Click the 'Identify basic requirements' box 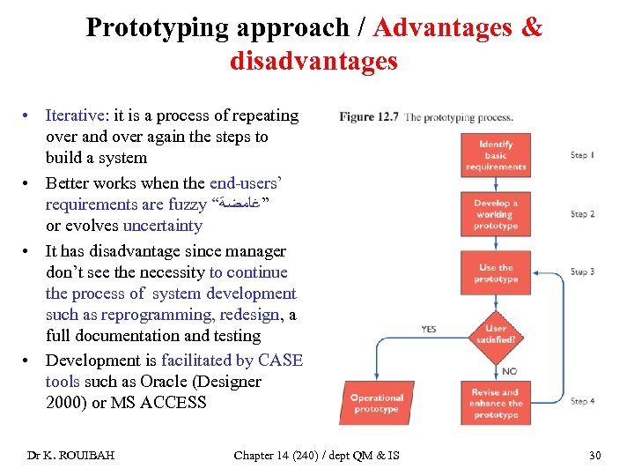496,156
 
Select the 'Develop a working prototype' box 496,214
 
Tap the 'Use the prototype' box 496,273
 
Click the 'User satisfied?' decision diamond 496,334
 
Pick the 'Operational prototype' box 377,403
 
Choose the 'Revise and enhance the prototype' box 496,403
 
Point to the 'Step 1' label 583,156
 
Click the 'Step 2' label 583,214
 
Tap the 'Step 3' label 583,272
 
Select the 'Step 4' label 583,402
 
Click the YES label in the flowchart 429,329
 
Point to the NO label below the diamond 510,370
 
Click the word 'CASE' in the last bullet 281,361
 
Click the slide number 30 594,455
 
